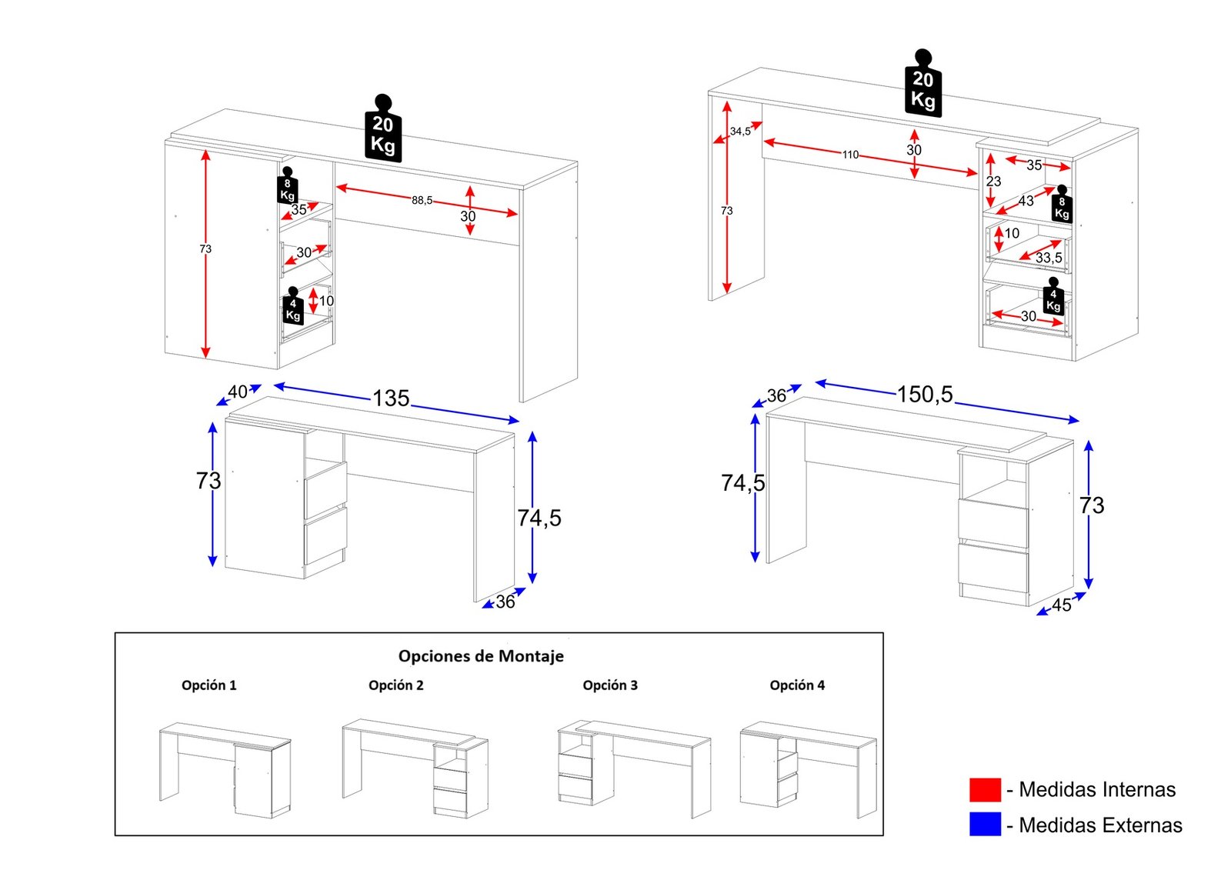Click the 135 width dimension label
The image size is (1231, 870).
[391, 398]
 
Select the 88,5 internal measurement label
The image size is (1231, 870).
[422, 201]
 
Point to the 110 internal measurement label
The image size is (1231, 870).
[850, 155]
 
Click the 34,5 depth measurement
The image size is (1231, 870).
[740, 132]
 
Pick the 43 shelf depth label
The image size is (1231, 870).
[1026, 201]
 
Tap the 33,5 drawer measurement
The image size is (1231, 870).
[1049, 258]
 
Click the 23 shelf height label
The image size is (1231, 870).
[993, 182]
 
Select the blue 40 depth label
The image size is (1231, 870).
[238, 392]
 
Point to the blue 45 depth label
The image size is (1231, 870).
[1062, 605]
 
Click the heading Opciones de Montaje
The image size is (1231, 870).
[481, 656]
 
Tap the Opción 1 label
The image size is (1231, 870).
[209, 685]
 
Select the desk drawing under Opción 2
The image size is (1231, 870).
[415, 765]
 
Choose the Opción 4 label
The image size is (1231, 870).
[797, 685]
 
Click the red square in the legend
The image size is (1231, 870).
[985, 789]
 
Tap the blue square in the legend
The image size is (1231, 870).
[985, 825]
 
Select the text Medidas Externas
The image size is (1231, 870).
[1100, 825]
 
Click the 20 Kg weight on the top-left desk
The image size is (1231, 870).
[382, 131]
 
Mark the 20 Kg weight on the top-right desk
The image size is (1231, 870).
[922, 85]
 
